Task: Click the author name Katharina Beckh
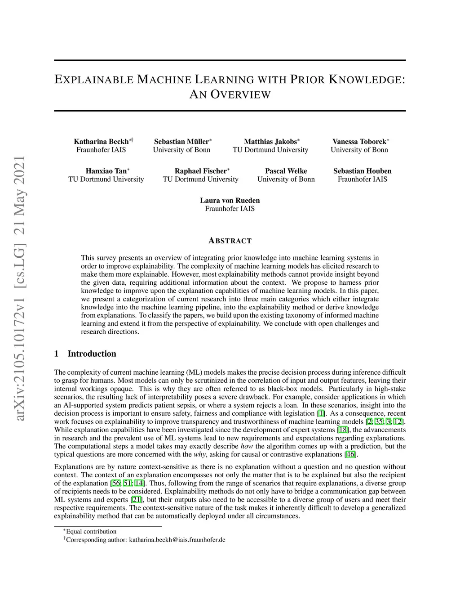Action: click(x=101, y=142)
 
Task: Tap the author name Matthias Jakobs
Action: click(x=270, y=142)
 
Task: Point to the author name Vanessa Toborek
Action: click(x=359, y=142)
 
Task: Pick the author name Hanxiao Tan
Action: click(x=106, y=171)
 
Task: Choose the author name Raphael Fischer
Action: click(x=200, y=171)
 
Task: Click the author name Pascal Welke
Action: click(x=286, y=171)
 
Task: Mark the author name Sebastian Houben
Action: click(x=363, y=171)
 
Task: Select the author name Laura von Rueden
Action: click(x=230, y=201)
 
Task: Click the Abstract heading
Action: click(x=230, y=241)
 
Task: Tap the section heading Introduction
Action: click(x=92, y=354)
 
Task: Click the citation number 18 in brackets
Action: click(x=343, y=430)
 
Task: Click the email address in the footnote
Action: click(x=177, y=540)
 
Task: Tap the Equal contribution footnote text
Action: click(x=91, y=532)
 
